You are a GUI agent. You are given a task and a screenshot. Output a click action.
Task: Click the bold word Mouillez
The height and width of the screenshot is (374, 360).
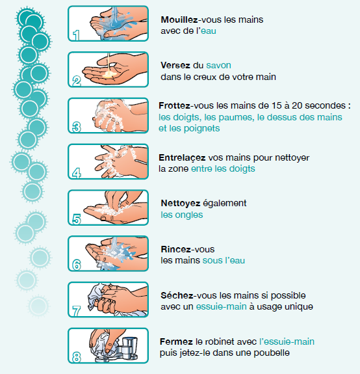click(x=179, y=20)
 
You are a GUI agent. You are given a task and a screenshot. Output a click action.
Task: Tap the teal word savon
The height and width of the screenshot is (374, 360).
click(x=218, y=65)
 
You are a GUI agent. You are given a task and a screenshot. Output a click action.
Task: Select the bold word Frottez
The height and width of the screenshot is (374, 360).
click(x=174, y=105)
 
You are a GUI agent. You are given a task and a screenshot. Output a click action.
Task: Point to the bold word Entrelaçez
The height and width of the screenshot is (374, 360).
click(x=182, y=157)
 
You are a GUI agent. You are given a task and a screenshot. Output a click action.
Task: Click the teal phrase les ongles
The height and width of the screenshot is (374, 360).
click(x=182, y=215)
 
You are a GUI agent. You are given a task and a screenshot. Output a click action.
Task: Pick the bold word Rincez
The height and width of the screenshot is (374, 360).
click(x=176, y=249)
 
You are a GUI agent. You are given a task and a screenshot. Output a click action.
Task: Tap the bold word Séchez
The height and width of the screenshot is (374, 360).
click(x=177, y=295)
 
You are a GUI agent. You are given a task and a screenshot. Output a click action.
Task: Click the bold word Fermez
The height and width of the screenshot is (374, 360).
click(x=176, y=341)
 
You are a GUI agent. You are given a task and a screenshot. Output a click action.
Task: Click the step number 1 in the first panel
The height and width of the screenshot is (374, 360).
click(x=76, y=35)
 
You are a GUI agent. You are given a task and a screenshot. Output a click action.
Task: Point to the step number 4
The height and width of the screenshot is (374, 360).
click(x=77, y=173)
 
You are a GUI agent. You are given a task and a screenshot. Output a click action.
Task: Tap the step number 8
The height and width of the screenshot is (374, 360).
click(x=77, y=357)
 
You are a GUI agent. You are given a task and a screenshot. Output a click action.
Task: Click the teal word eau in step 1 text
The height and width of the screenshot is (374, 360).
click(x=209, y=31)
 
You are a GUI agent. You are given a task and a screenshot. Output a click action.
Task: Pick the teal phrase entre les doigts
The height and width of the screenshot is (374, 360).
click(x=223, y=168)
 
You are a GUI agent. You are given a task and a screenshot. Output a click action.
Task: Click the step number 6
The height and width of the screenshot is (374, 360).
click(x=77, y=265)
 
